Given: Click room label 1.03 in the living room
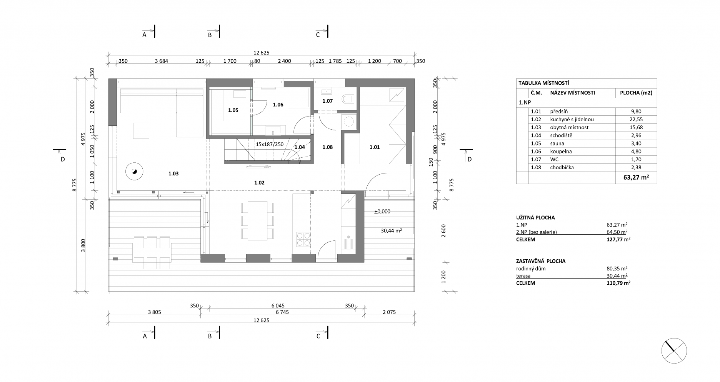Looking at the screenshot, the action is pos(173,174).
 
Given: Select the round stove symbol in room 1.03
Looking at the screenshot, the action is pos(134,171).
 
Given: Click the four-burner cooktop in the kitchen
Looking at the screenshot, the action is pos(303,239).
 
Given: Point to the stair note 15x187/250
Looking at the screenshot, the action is pos(270,144).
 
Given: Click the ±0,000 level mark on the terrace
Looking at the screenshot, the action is pos(382,212).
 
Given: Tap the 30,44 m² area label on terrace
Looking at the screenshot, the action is pos(392,231).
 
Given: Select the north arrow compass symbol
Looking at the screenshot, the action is pos(674,351).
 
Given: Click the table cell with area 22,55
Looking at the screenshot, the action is pos(636,120).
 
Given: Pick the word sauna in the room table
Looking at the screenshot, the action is pos(557,143).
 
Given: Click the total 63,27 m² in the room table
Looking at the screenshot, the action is pos(636,177).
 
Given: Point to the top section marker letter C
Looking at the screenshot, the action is pos(318,35).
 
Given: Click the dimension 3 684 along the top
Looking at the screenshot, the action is pos(162,61).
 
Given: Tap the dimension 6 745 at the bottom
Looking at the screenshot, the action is pos(282,312).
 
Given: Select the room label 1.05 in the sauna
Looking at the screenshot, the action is pos(233,110).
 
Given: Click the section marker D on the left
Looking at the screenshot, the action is pos(62,159).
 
